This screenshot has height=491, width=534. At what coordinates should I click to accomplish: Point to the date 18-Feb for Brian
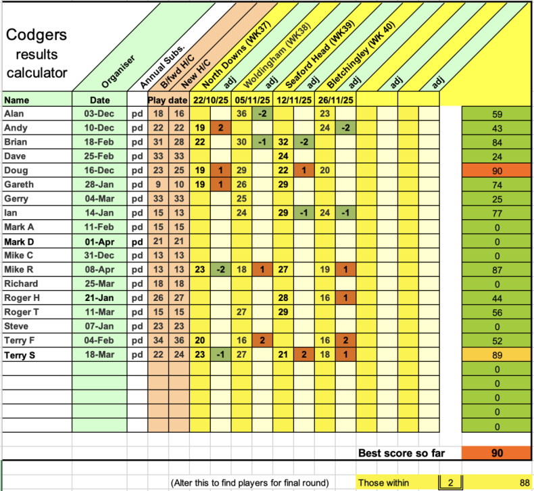99,142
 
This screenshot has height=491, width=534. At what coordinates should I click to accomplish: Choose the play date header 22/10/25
210,100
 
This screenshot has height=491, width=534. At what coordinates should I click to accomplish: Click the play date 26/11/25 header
335,100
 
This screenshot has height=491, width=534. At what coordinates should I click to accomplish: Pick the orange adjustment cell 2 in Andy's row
220,128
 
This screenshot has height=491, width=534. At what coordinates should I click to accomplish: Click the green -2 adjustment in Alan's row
262,114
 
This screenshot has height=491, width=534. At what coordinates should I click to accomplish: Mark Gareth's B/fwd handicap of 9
158,185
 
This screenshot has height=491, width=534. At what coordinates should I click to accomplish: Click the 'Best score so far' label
401,453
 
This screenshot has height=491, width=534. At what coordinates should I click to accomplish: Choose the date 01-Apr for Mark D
99,241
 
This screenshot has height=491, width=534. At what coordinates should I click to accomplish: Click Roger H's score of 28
284,298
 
